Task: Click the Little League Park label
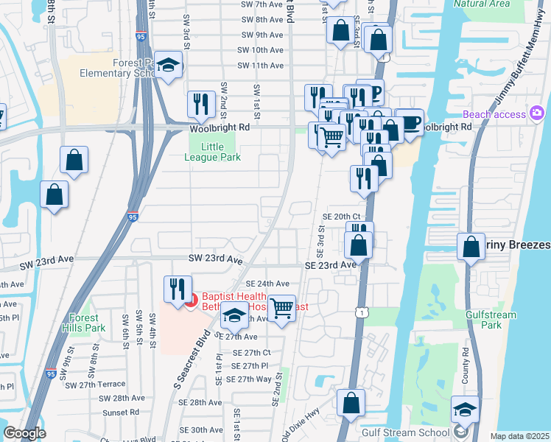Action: [x=211, y=152]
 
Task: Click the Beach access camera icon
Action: [x=536, y=113]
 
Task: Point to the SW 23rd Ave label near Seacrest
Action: [x=214, y=259]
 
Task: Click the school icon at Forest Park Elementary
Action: [x=169, y=66]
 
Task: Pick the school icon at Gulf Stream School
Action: [x=465, y=409]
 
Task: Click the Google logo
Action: [x=24, y=433]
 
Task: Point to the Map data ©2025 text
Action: [x=520, y=436]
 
